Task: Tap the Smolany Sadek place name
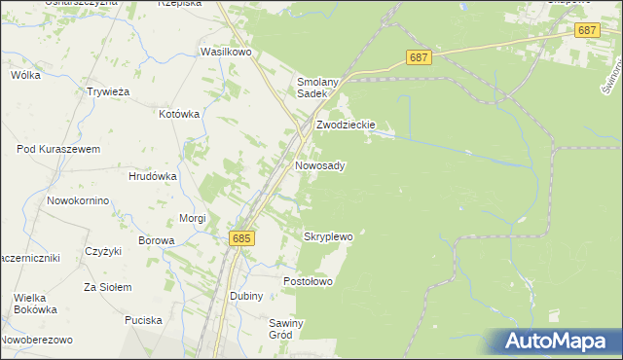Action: tap(317, 88)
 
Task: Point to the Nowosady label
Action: tap(319, 166)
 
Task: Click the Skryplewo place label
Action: tap(328, 236)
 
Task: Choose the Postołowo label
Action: tap(308, 281)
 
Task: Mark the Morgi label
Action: tap(193, 218)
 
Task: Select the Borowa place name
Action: tap(156, 240)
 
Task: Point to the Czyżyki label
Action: tap(102, 251)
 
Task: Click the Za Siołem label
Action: tap(106, 287)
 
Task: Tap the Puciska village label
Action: tap(142, 320)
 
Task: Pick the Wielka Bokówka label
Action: tap(35, 304)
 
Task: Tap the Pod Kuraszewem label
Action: tap(58, 149)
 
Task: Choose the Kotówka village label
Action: tap(179, 114)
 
